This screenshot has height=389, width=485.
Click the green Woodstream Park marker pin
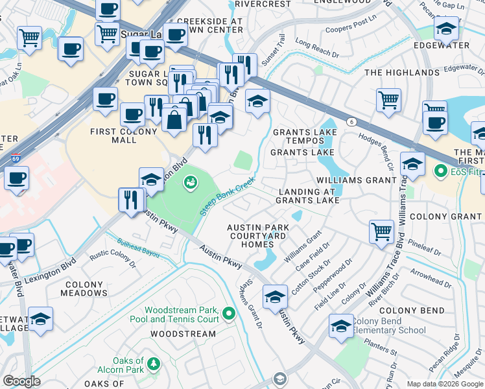pos(228,314)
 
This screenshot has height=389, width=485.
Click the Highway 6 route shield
pos(351,121)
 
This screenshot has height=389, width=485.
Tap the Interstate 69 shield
pos(15,158)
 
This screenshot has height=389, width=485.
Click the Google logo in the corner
pos(21,381)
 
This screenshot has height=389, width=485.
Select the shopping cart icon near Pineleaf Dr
pos(381,230)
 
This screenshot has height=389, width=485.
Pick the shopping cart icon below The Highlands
pos(388,99)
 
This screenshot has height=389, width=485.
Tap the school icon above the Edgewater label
pos(445,29)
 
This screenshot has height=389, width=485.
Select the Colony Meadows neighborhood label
pos(82,289)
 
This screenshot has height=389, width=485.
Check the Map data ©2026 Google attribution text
pos(444,384)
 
